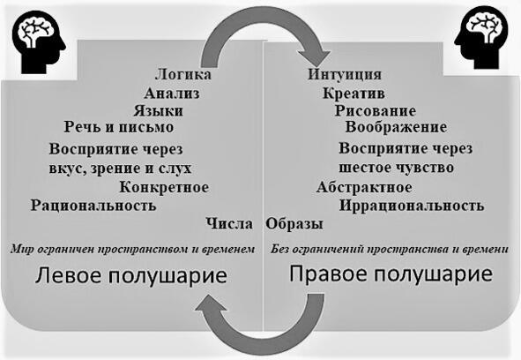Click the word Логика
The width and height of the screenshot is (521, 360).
[183, 74]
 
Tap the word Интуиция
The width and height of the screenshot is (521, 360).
[344, 74]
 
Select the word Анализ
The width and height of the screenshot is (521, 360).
[172, 93]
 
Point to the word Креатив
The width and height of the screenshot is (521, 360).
[354, 93]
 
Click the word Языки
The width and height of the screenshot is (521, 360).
[158, 110]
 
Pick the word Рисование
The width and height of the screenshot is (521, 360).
[376, 110]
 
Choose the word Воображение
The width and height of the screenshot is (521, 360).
[396, 127]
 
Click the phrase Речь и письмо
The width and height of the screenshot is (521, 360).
[119, 127]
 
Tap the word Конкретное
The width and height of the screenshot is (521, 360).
[164, 187]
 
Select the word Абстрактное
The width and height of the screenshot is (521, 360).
[364, 187]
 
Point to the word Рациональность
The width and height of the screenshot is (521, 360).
[93, 206]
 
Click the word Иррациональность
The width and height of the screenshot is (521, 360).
[412, 206]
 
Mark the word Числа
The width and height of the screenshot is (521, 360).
[229, 223]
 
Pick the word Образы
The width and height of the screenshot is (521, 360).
[294, 223]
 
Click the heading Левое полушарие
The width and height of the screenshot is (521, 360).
[131, 276]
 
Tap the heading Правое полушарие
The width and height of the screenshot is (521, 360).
[391, 274]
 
